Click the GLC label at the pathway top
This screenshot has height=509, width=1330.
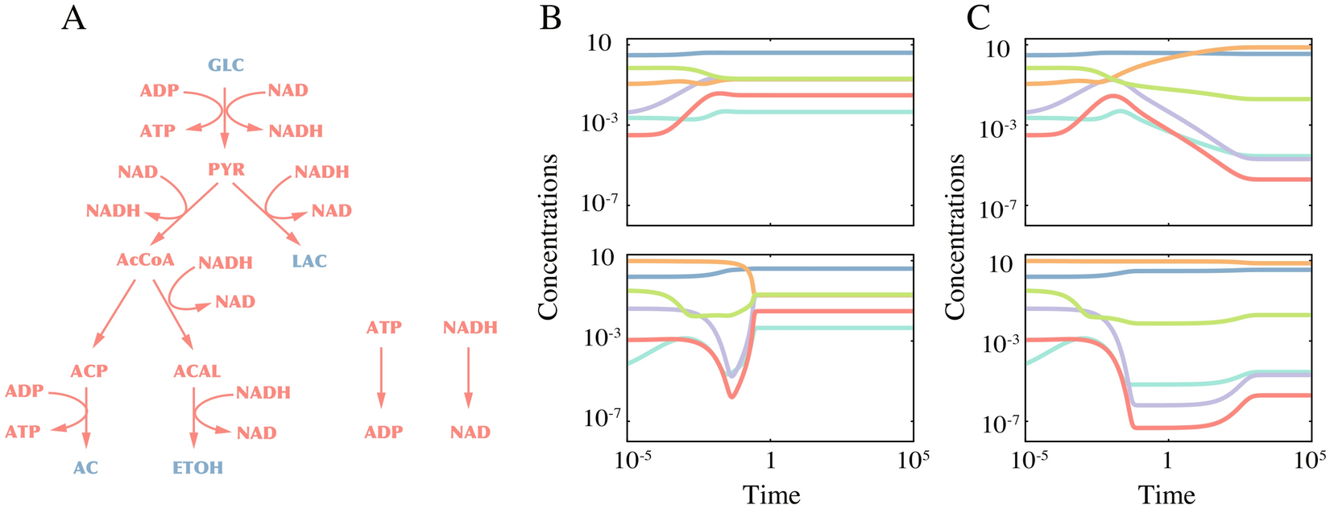pyautogui.click(x=226, y=65)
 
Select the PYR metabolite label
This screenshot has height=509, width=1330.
pyautogui.click(x=226, y=170)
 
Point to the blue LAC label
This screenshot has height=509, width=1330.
pyautogui.click(x=310, y=261)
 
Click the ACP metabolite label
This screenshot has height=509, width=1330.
pyautogui.click(x=89, y=371)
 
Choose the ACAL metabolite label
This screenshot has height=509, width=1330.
pyautogui.click(x=197, y=371)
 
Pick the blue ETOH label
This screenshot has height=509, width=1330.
pyautogui.click(x=197, y=467)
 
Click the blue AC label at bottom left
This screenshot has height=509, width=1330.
pyautogui.click(x=85, y=467)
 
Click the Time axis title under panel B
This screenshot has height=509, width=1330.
pyautogui.click(x=771, y=493)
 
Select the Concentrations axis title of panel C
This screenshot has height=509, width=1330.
pyautogui.click(x=956, y=238)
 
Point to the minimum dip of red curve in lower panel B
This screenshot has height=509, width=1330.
pyautogui.click(x=731, y=396)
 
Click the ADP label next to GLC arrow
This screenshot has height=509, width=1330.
pyautogui.click(x=160, y=91)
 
